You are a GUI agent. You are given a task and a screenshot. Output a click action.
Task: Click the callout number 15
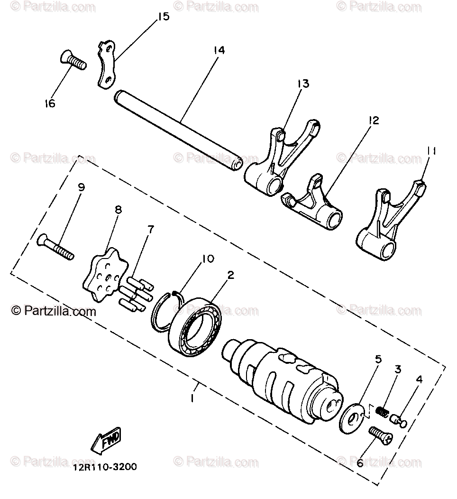tap(163, 17)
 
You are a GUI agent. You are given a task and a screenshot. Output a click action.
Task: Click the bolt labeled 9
tap(55, 247)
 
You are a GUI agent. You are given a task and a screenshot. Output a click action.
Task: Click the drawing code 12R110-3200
tap(105, 467)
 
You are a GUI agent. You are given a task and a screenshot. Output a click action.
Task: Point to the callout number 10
tap(208, 259)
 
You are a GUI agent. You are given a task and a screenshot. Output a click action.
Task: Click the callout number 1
tap(192, 398)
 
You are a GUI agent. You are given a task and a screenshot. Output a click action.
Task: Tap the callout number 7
tap(150, 230)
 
